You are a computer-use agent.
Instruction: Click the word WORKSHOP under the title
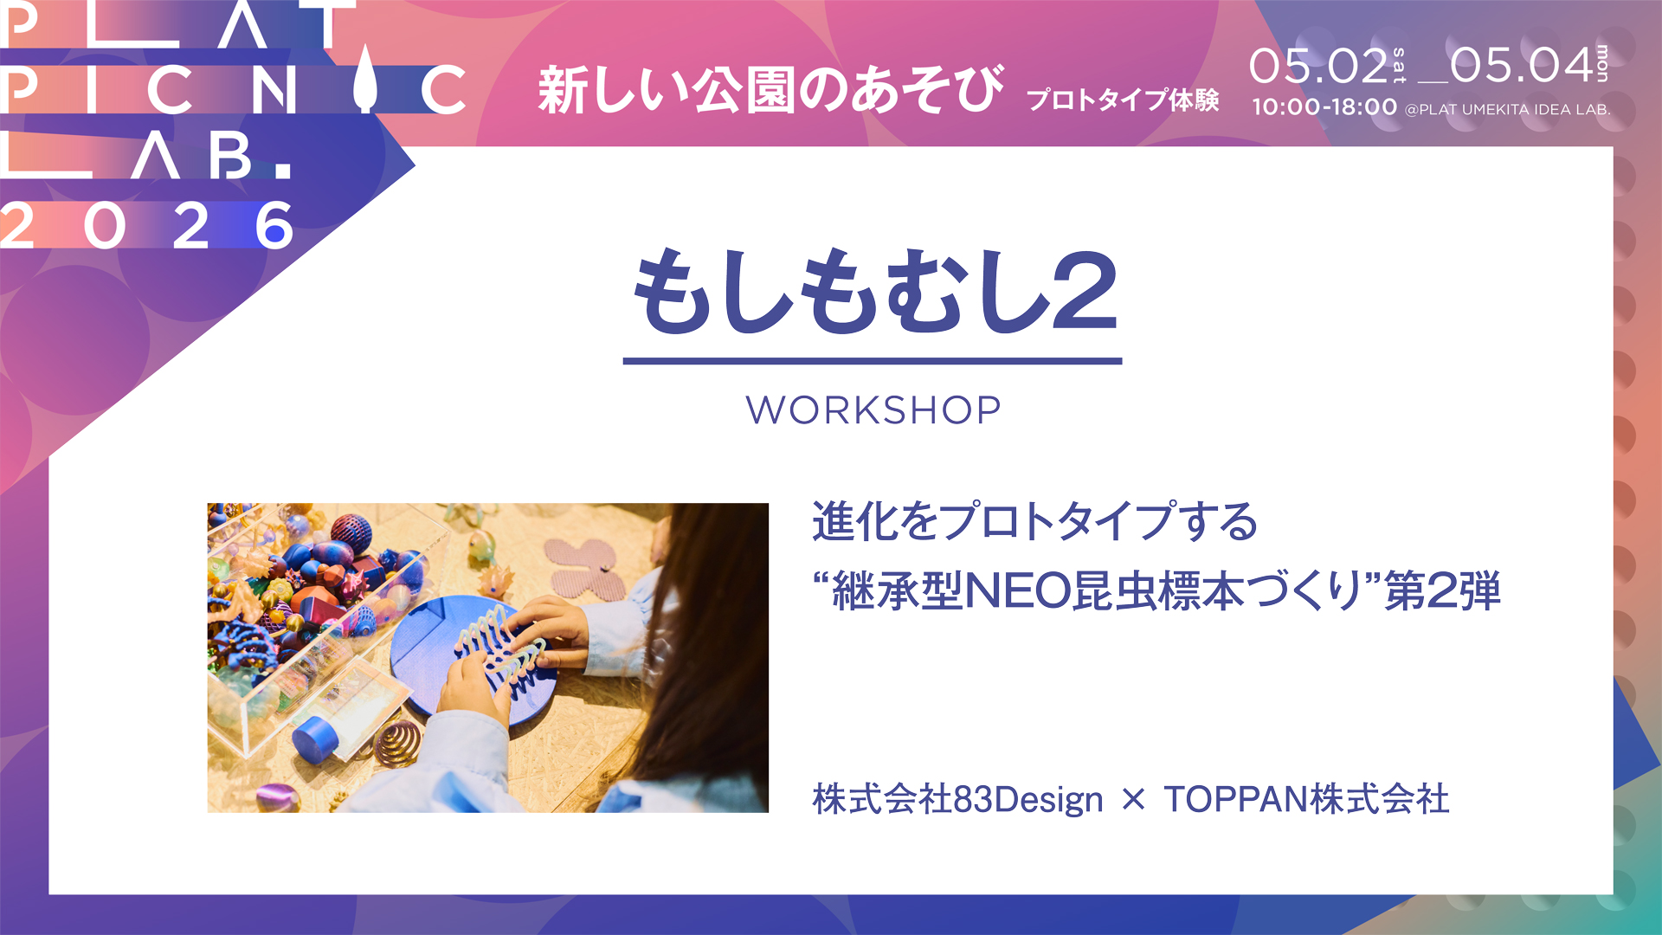click(873, 410)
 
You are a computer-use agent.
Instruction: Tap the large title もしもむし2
click(874, 293)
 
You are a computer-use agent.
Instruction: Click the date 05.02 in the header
click(1317, 67)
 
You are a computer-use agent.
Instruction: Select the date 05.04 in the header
click(1521, 67)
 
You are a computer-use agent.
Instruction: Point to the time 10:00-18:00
click(1324, 107)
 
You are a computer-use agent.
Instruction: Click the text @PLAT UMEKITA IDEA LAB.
click(1507, 110)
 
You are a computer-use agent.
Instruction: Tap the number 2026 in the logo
click(147, 227)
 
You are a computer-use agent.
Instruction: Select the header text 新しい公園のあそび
click(770, 89)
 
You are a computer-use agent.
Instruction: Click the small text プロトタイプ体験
click(1123, 100)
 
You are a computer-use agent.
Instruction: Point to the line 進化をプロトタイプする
click(1034, 522)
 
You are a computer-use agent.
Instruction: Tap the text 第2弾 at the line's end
click(1442, 591)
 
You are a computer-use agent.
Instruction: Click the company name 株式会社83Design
click(957, 799)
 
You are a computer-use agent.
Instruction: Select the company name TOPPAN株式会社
click(1305, 799)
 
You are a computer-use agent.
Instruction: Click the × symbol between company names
click(1132, 800)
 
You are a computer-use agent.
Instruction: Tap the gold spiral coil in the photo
click(397, 744)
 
